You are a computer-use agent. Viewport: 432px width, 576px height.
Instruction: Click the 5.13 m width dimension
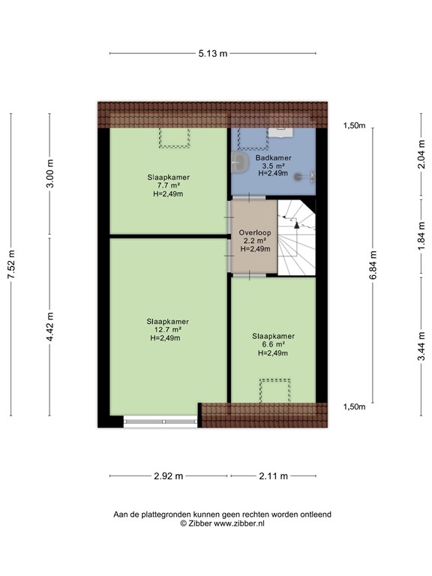tap(213, 53)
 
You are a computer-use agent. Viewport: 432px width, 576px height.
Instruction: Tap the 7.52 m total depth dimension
tap(11, 265)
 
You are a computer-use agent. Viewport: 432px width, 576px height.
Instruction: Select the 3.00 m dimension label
tap(50, 175)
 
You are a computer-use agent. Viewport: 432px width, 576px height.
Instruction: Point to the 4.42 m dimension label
tap(50, 328)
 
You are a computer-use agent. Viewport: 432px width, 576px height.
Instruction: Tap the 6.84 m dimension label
tap(373, 265)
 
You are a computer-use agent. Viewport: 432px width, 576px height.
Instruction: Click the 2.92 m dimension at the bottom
tap(169, 475)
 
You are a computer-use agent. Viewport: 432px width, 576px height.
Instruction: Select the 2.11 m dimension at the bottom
tap(273, 475)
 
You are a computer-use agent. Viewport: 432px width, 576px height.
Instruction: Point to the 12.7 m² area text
tap(168, 329)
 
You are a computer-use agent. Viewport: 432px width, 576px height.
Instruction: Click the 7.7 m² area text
tap(168, 185)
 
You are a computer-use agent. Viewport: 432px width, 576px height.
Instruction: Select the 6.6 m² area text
tap(273, 344)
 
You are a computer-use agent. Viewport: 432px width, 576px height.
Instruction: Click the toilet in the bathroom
tap(240, 163)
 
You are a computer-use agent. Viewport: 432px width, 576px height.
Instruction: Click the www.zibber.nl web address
tap(238, 523)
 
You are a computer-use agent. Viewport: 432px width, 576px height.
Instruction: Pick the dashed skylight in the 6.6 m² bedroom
tap(274, 390)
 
